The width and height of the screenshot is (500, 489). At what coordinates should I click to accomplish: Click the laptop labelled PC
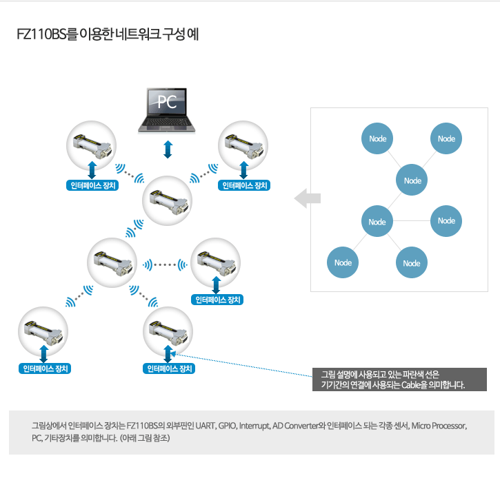[x=166, y=110]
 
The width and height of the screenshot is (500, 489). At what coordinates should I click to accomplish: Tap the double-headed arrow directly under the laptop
[x=168, y=149]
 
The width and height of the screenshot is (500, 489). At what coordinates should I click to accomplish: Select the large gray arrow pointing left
[x=308, y=198]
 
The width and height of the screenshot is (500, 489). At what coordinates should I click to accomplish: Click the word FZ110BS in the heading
[x=41, y=34]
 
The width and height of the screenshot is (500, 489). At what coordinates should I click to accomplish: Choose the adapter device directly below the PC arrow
[x=167, y=200]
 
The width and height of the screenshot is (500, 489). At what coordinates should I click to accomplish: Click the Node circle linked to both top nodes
[x=412, y=180]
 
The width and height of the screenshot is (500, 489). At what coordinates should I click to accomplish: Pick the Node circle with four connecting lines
[x=377, y=221]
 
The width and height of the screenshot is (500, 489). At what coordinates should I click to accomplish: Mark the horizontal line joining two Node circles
[x=412, y=220]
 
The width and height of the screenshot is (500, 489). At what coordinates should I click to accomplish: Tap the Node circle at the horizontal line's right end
[x=446, y=221]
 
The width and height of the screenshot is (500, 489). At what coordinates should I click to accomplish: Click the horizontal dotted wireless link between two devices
[x=165, y=264]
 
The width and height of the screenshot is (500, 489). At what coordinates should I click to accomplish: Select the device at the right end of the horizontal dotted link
[x=216, y=263]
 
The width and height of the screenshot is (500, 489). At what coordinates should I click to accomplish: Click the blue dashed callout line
[x=242, y=365]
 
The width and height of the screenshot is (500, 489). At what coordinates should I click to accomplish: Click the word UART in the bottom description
[x=206, y=426]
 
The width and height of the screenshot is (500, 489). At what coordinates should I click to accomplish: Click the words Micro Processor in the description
[x=439, y=426]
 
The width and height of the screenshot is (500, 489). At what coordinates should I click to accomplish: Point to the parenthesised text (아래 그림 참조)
[x=145, y=438]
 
